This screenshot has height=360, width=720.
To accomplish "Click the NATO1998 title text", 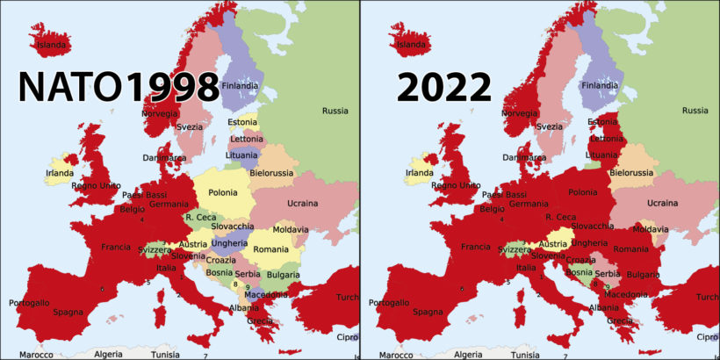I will (x=119, y=87).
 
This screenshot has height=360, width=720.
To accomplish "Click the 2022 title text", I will (x=443, y=87).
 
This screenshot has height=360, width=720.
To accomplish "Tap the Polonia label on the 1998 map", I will (x=222, y=192).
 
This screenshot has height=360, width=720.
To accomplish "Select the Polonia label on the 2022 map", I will (x=582, y=192).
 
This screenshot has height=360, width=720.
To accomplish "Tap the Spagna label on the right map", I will (x=428, y=312).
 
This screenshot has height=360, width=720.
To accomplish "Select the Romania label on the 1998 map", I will (x=270, y=249).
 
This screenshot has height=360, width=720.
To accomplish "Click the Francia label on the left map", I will (x=116, y=247).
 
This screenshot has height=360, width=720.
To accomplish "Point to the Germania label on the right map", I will (x=529, y=204).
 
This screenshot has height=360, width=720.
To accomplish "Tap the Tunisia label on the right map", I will (x=525, y=355).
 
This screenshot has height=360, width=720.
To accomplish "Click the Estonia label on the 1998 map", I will (x=242, y=122).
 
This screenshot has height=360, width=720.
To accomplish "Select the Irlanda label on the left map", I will (x=60, y=173).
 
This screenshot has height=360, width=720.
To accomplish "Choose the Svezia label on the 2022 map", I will (x=550, y=126).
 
